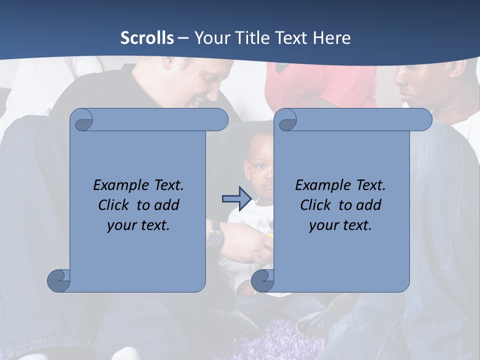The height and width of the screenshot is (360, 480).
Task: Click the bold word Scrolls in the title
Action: tap(147, 38)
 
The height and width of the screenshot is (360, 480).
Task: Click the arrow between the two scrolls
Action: tap(236, 199)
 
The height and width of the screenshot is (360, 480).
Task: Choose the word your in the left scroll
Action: tap(121, 225)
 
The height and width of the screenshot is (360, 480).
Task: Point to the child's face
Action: tap(261, 177)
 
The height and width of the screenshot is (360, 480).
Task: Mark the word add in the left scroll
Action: tap(167, 205)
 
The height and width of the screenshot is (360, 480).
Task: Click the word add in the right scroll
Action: tap(369, 205)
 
